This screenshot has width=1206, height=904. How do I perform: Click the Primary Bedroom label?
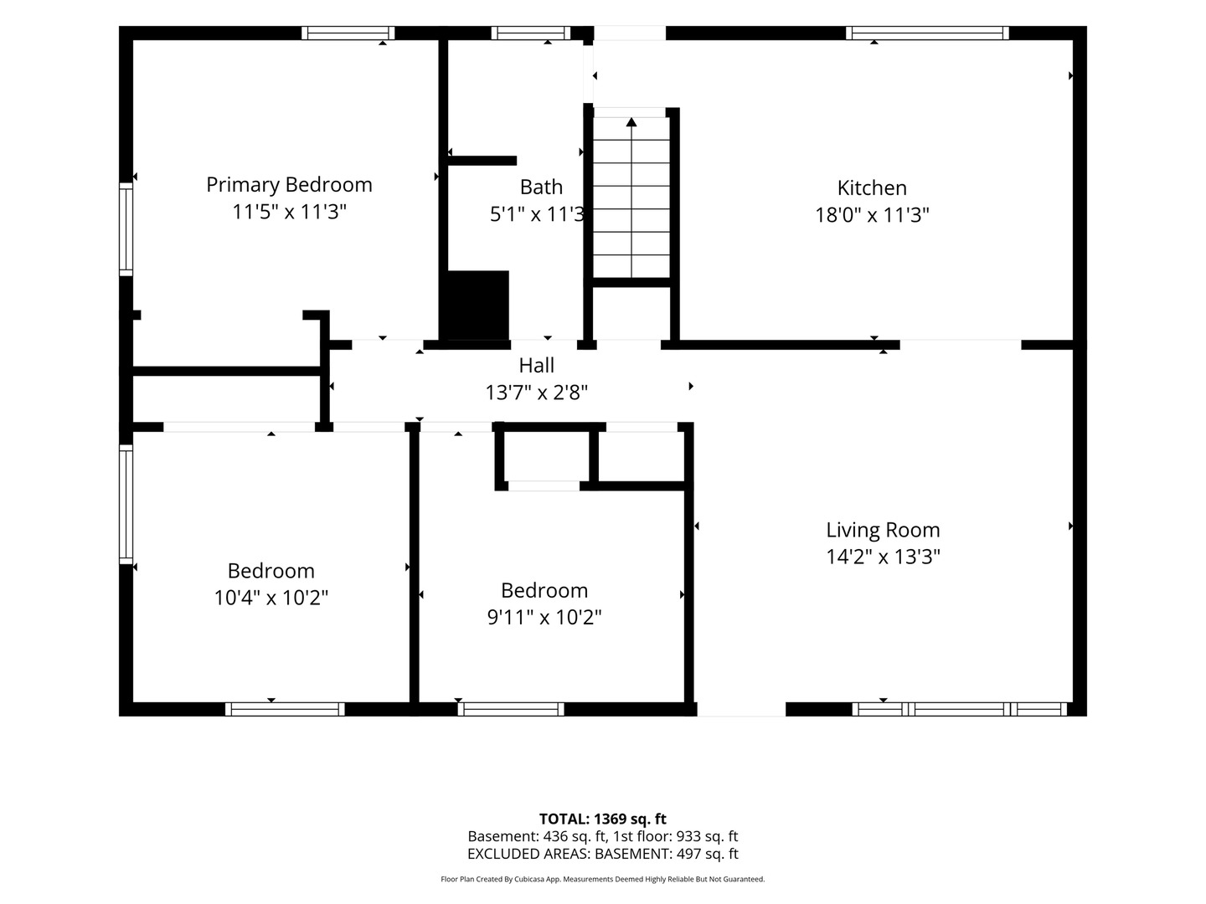[x=289, y=185]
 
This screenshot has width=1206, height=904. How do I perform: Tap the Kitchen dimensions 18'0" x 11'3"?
[x=872, y=214]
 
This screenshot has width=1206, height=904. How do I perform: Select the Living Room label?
[x=883, y=530]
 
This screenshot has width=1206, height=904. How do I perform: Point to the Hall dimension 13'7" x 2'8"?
[x=536, y=393]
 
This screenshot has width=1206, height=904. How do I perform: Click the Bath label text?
[x=541, y=187]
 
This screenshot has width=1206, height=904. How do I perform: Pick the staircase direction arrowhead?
[x=631, y=122]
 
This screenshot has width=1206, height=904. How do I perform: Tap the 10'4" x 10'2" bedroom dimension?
[x=271, y=597]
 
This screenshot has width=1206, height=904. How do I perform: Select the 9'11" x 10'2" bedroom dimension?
[x=544, y=617]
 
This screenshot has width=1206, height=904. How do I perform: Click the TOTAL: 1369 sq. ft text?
[x=603, y=819]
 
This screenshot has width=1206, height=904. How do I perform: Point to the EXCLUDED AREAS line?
[x=603, y=854]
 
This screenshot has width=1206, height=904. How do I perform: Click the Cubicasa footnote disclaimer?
[x=603, y=879]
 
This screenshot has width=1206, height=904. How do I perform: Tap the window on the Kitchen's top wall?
[x=927, y=33]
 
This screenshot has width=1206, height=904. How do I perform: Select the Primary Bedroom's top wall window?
[x=348, y=33]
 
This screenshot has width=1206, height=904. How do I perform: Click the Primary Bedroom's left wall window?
[x=126, y=229]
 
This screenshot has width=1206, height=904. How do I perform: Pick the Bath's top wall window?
[x=531, y=33]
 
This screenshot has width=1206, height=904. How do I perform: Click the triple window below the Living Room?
[x=959, y=709]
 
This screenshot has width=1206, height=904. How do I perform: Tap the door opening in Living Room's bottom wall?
[x=741, y=709]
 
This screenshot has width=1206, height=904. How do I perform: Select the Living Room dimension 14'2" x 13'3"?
[x=883, y=557]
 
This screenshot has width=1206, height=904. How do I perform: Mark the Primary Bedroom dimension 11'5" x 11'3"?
[x=289, y=211]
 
